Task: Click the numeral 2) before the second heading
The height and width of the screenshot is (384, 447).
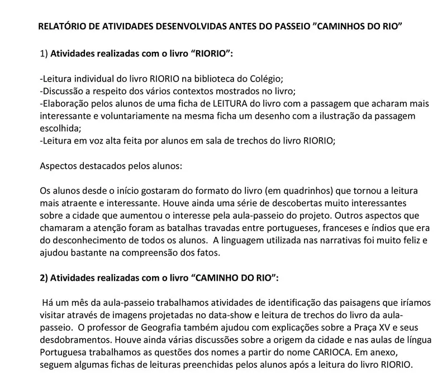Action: coord(45,277)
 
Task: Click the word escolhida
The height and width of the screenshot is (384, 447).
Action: coord(60,128)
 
